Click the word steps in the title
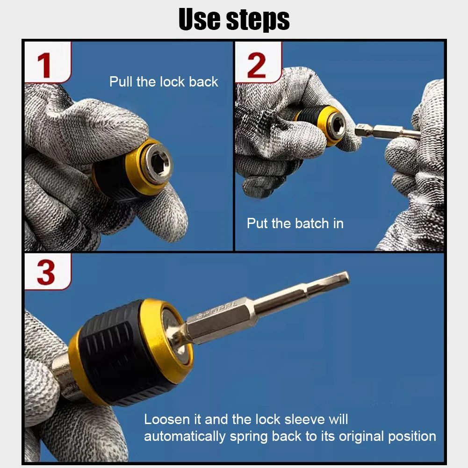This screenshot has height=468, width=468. click(x=258, y=20)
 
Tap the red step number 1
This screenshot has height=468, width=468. click(x=44, y=65)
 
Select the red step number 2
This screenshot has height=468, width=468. click(x=256, y=65)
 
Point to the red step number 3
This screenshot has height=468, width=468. click(x=46, y=272)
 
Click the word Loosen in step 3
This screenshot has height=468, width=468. click(x=167, y=419)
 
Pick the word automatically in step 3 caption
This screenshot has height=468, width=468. click(x=185, y=437)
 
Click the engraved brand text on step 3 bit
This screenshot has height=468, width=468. click(x=219, y=309)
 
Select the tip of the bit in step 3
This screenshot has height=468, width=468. click(x=348, y=277)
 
